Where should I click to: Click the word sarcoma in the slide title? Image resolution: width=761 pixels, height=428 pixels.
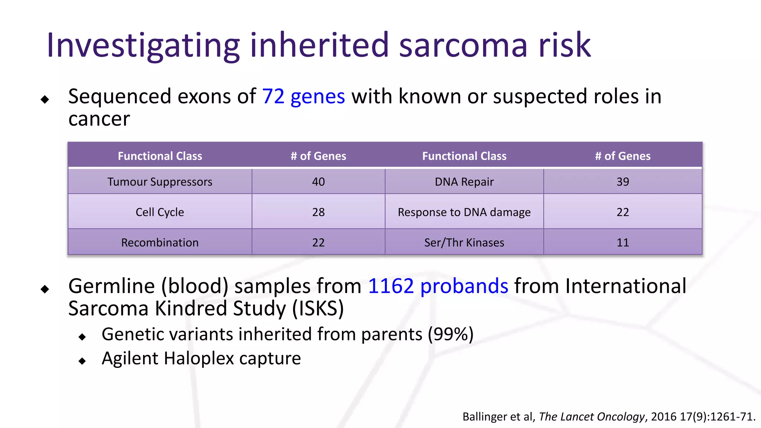463,45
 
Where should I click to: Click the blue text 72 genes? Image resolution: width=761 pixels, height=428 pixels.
303,97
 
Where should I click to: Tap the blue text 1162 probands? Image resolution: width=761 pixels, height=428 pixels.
438,286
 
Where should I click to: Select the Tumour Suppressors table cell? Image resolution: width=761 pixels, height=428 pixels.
160,182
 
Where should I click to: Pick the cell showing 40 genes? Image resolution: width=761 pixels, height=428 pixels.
318,182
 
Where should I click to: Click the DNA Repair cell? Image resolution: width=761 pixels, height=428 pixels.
464,182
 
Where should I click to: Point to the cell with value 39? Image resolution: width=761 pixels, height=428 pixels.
622,182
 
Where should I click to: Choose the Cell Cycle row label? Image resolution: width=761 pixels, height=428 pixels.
160,212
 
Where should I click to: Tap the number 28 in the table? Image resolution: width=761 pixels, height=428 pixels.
318,212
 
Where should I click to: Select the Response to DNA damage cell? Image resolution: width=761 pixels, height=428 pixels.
464,212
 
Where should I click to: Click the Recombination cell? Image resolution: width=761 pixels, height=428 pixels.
160,243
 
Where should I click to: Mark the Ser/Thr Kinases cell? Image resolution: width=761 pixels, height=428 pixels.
464,243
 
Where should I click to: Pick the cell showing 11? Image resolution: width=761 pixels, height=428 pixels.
622,243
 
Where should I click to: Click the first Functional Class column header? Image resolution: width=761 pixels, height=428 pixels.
160,156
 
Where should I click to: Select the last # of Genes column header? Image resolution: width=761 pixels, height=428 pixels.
622,156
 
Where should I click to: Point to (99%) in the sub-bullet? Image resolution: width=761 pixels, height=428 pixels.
450,334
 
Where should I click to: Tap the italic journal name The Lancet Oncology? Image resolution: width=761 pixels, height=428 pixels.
592,417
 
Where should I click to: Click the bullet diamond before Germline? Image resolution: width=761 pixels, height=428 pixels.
45,289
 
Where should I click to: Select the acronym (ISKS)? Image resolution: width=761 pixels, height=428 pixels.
318,309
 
